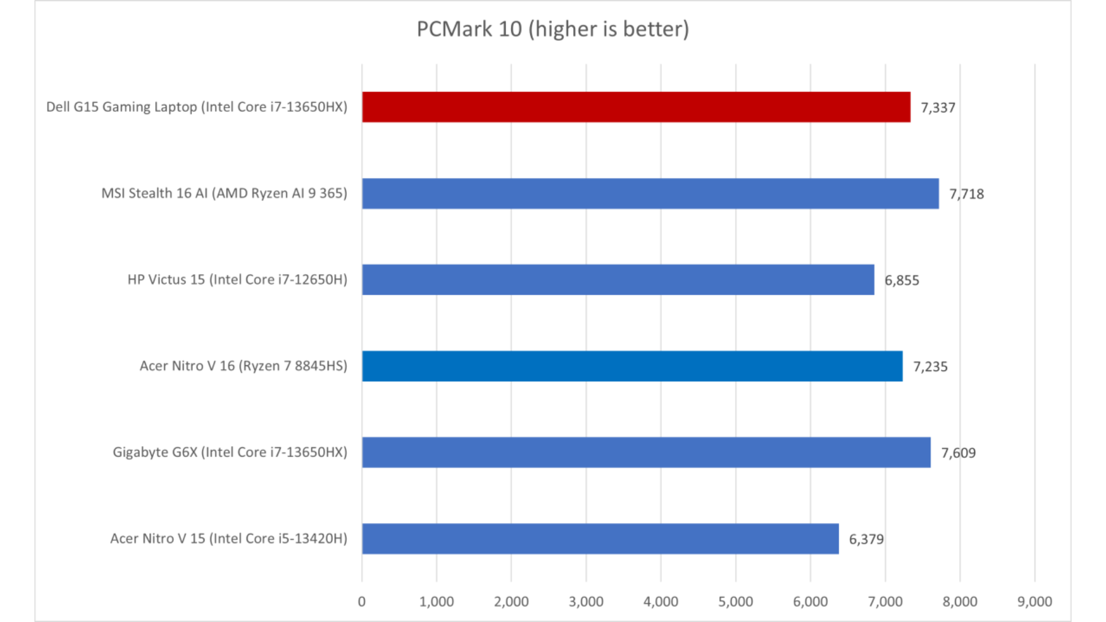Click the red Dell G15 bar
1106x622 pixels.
click(636, 107)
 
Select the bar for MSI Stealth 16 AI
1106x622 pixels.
click(650, 194)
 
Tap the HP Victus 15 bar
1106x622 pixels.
click(618, 280)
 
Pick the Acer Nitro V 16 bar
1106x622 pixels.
click(632, 366)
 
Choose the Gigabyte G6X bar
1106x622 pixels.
click(646, 453)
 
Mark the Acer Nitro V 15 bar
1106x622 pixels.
click(600, 539)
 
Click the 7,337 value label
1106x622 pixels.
click(938, 108)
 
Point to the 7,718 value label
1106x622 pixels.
click(967, 194)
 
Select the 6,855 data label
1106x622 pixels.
click(902, 280)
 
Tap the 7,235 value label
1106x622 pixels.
click(930, 367)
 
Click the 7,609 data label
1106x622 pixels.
click(959, 453)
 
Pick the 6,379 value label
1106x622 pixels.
click(866, 540)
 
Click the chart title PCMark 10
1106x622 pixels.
click(552, 29)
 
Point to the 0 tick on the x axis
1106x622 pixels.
click(362, 602)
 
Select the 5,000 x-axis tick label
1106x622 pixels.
click(736, 602)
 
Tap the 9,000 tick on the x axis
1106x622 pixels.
click(1035, 602)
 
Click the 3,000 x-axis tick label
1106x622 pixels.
click(586, 602)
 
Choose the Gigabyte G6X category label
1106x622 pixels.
click(230, 453)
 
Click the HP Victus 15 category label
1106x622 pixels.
click(237, 280)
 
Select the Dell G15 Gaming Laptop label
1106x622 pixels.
click(196, 107)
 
